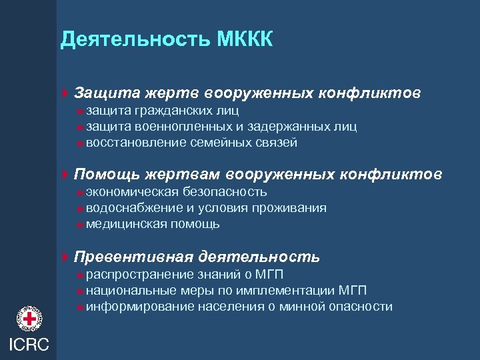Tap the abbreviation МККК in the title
(x=245, y=40)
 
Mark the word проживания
(x=293, y=208)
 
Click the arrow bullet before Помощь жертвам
(x=64, y=175)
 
